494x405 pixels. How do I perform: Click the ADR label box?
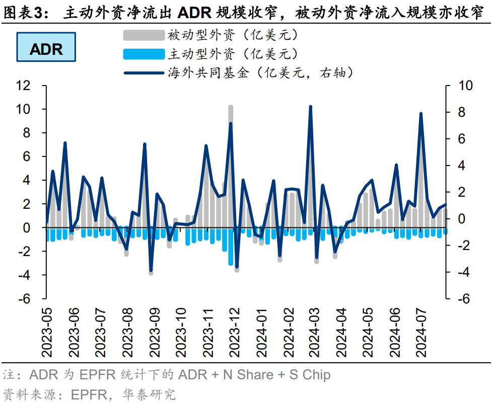pos(46,49)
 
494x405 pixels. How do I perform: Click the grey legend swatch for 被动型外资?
pos(144,35)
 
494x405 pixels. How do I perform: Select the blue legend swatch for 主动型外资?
pos(144,54)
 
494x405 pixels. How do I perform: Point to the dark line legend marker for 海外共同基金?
pos(144,73)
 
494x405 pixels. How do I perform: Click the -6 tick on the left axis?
pos(24,299)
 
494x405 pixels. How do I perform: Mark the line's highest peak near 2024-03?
pos(310,107)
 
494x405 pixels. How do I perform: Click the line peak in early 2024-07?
pos(420,114)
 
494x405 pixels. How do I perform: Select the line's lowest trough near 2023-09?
pos(151,271)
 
